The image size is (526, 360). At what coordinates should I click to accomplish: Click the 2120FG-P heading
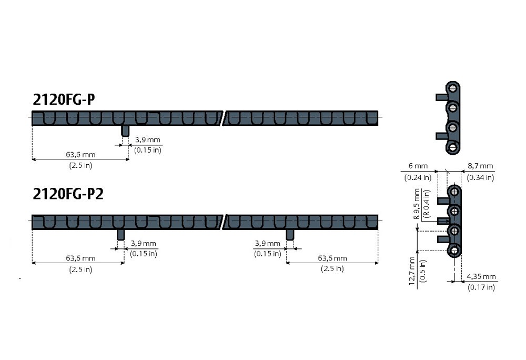(64, 99)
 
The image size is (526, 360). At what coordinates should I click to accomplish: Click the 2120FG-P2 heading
(68, 194)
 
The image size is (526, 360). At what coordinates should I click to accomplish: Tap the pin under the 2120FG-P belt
(125, 131)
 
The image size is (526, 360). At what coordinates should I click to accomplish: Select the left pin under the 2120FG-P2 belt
(121, 235)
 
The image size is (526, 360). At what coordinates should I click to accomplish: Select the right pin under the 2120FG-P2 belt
(290, 235)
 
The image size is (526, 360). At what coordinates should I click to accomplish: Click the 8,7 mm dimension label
(480, 166)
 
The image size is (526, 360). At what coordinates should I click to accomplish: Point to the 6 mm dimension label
(418, 166)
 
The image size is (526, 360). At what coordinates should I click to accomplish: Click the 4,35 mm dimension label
(481, 276)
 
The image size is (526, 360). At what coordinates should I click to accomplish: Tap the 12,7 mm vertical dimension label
(412, 271)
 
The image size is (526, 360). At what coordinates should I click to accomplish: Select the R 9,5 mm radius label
(417, 204)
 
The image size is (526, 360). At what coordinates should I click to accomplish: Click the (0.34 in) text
(480, 177)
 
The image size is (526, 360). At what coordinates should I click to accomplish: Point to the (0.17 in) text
(481, 287)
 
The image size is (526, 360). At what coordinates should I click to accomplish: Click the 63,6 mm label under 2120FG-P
(80, 155)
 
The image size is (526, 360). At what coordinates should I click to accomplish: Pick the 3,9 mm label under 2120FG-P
(148, 139)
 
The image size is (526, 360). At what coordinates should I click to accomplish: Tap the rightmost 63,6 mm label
(332, 258)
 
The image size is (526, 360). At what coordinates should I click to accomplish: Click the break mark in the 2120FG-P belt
(223, 118)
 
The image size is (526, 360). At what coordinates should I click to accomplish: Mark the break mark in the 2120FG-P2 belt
(223, 222)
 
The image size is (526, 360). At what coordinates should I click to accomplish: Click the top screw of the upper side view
(453, 88)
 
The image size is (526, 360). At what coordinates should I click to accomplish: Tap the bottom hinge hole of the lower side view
(455, 251)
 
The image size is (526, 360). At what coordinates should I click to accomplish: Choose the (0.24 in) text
(418, 177)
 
